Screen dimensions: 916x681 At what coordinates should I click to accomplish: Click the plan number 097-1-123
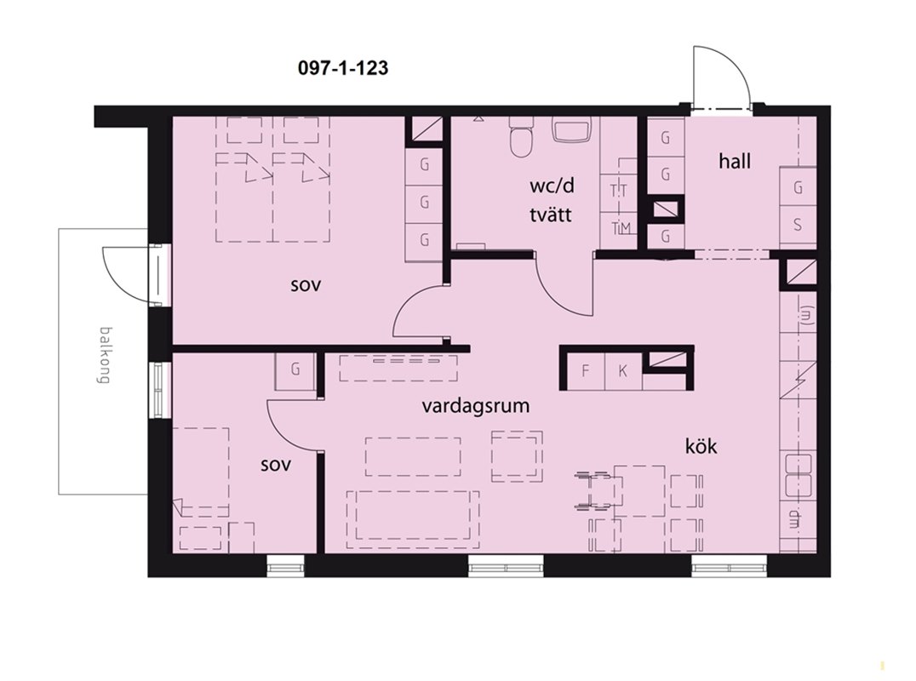click(343, 68)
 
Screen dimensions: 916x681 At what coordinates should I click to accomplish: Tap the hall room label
click(735, 161)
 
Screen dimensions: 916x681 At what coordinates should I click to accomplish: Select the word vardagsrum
click(476, 405)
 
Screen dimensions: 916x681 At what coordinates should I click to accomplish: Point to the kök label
click(701, 447)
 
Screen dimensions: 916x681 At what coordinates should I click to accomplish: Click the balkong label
click(105, 355)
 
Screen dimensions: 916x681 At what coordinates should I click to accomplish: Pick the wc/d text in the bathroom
click(552, 186)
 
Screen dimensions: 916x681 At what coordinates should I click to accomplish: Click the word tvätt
click(550, 215)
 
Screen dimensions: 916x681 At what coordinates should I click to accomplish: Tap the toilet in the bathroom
click(521, 138)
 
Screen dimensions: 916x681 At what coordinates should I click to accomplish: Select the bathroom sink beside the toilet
click(572, 129)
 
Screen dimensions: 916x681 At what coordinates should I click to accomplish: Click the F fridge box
click(586, 371)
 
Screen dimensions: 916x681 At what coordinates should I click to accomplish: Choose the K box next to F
click(623, 371)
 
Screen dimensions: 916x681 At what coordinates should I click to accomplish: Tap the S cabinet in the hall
click(798, 225)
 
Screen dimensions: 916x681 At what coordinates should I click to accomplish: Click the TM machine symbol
click(619, 228)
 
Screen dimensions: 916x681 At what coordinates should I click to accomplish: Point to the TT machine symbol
click(619, 191)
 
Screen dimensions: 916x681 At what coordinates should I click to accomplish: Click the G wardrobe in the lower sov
click(295, 369)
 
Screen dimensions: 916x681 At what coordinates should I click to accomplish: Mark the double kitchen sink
click(798, 475)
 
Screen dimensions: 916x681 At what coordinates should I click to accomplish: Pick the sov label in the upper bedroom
click(306, 286)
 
